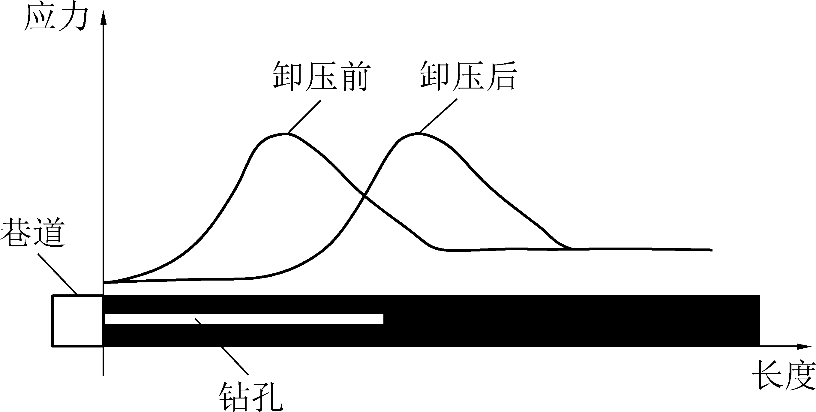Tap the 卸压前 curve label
tap(321, 76)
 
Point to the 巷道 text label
tap(33, 232)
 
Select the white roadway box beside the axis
tap(78, 320)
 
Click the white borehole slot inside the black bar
tap(244, 318)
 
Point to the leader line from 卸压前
tap(304, 117)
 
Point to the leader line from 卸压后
tap(438, 116)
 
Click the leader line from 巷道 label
tap(58, 273)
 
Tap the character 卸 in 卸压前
tap(288, 76)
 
